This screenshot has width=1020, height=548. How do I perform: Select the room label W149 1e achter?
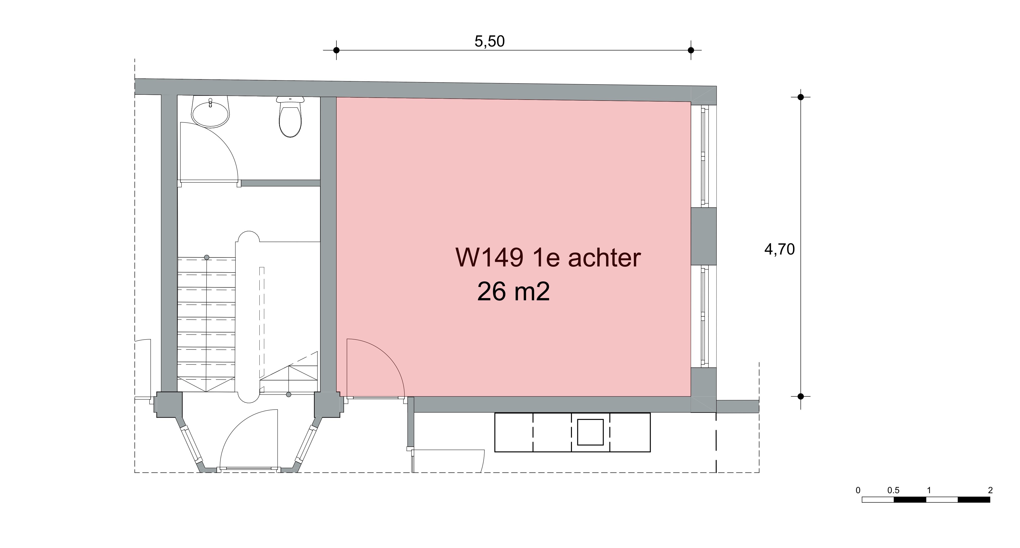tap(548, 258)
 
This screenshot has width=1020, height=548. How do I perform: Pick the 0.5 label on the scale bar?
tap(893, 491)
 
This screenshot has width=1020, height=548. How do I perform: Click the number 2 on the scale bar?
tap(990, 491)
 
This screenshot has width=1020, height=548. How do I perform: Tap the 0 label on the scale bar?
tap(858, 491)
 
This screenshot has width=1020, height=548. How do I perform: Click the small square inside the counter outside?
tap(590, 432)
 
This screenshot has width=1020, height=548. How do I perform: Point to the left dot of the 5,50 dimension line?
tap(336, 50)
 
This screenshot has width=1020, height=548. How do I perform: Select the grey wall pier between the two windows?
tap(704, 236)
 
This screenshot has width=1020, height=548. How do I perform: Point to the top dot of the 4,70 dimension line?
tap(801, 97)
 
